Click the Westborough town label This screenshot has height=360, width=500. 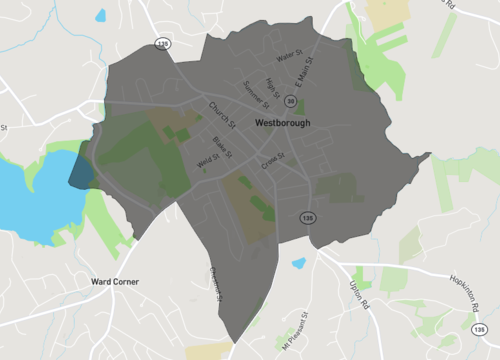click(x=282, y=123)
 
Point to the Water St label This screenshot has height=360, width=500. click(x=289, y=60)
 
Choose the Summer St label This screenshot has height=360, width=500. click(x=256, y=96)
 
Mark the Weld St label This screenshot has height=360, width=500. click(x=208, y=160)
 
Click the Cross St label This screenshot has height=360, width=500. click(x=273, y=160)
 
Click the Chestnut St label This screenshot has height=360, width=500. click(x=216, y=282)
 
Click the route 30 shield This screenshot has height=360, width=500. click(x=289, y=101)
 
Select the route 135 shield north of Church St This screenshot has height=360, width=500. click(x=163, y=43)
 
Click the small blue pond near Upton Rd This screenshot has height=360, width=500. click(x=298, y=264)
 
